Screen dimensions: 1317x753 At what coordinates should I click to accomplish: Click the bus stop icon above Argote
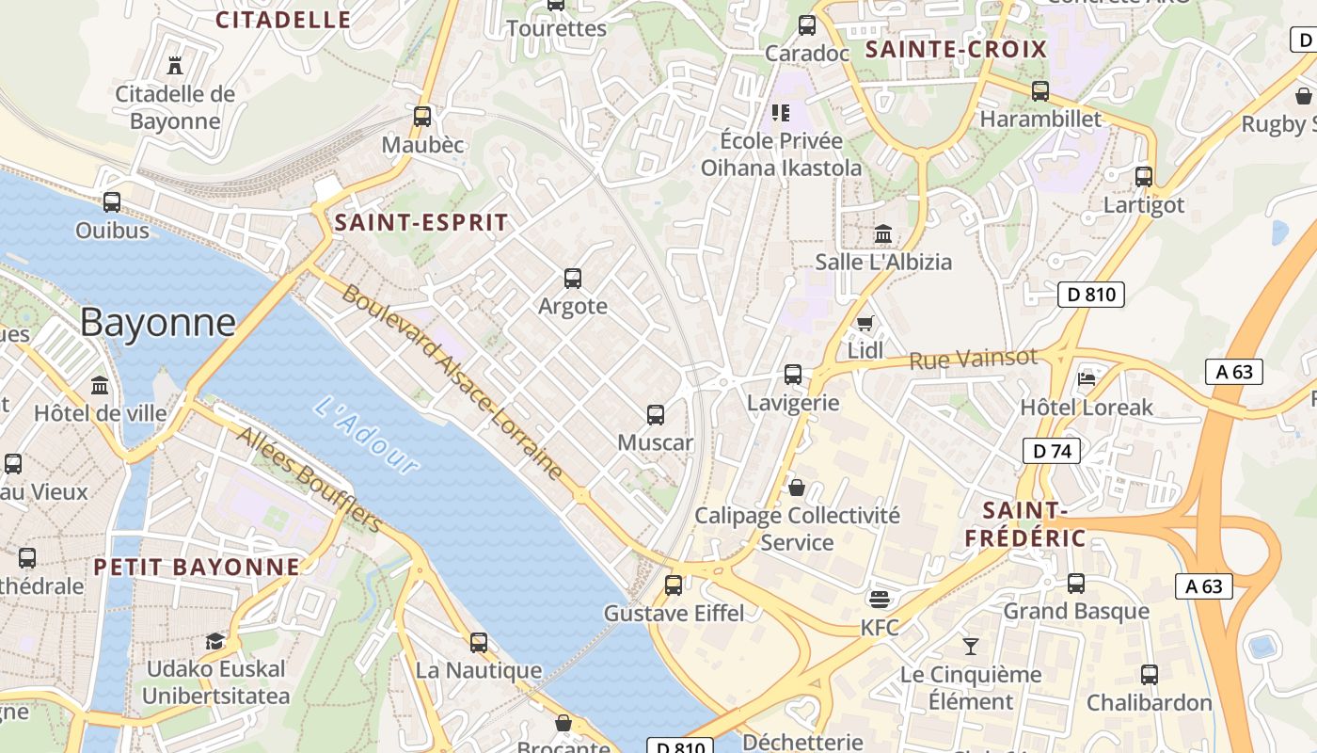pyautogui.click(x=572, y=279)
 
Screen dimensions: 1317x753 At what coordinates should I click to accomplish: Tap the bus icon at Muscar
pyautogui.click(x=656, y=414)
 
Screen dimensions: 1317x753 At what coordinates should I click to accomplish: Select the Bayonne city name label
pyautogui.click(x=158, y=322)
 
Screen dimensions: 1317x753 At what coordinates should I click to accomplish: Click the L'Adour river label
pyautogui.click(x=366, y=435)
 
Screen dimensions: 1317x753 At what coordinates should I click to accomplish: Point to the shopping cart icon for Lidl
pyautogui.click(x=865, y=323)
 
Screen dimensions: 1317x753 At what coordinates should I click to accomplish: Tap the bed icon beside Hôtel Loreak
pyautogui.click(x=1087, y=378)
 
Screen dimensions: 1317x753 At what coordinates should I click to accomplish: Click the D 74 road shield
pyautogui.click(x=1051, y=451)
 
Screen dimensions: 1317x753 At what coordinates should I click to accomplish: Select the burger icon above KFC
pyautogui.click(x=880, y=599)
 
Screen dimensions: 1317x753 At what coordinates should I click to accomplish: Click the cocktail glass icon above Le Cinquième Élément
pyautogui.click(x=971, y=646)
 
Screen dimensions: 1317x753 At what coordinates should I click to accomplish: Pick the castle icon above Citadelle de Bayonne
pyautogui.click(x=174, y=65)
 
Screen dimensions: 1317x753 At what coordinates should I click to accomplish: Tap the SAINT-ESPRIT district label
pyautogui.click(x=421, y=223)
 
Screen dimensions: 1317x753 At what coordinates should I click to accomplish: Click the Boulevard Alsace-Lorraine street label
pyautogui.click(x=452, y=382)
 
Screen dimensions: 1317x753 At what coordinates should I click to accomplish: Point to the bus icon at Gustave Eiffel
pyautogui.click(x=674, y=585)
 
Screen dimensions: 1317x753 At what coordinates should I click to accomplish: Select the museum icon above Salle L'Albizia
pyautogui.click(x=883, y=233)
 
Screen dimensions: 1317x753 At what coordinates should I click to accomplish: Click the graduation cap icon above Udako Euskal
pyautogui.click(x=215, y=641)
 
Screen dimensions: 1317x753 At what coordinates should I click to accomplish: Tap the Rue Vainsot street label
pyautogui.click(x=973, y=359)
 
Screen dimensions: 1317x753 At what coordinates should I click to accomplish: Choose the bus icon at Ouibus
pyautogui.click(x=112, y=201)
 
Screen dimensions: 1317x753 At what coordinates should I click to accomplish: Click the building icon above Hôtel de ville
pyautogui.click(x=100, y=385)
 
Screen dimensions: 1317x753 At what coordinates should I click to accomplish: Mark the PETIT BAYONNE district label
pyautogui.click(x=197, y=567)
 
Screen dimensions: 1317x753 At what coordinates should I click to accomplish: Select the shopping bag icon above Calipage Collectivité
pyautogui.click(x=797, y=487)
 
